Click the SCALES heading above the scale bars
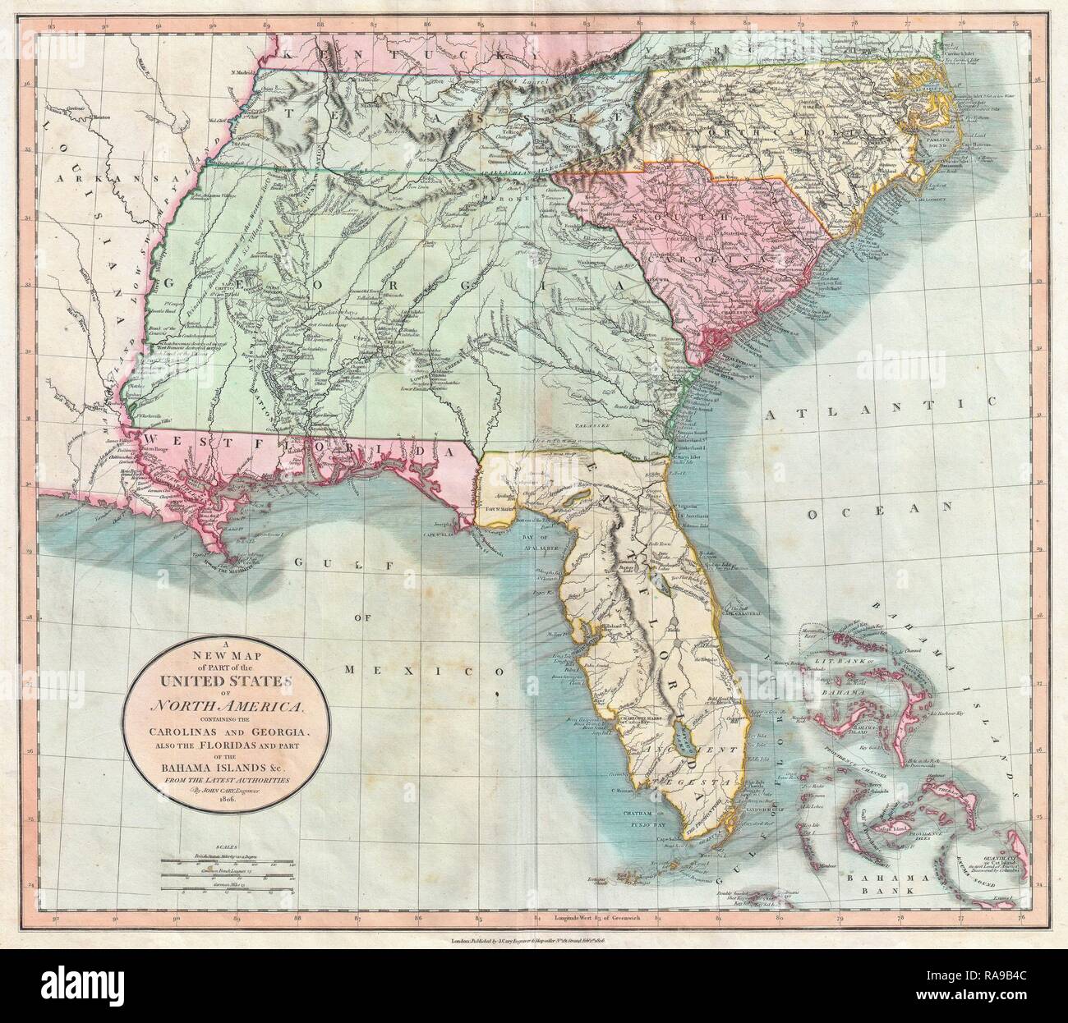pyautogui.click(x=215, y=851)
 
